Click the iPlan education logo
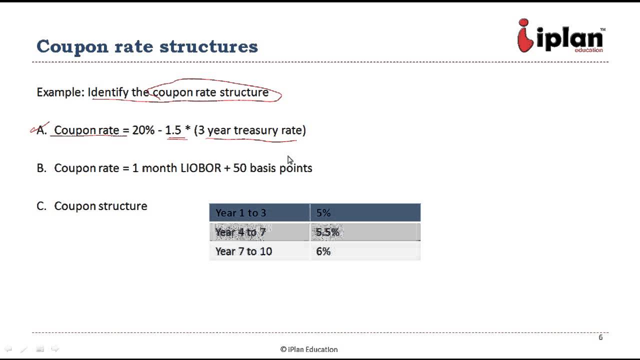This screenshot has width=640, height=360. click(x=560, y=36)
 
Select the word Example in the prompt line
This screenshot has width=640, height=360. click(x=59, y=92)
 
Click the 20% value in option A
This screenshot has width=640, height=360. click(x=143, y=130)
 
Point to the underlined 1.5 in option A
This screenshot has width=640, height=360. click(x=173, y=130)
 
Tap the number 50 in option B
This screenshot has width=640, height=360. click(x=239, y=168)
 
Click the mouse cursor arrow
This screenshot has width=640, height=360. click(x=290, y=160)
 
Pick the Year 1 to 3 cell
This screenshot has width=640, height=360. click(x=259, y=213)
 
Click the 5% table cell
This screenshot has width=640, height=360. click(x=365, y=213)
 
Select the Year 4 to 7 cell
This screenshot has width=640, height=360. click(x=259, y=232)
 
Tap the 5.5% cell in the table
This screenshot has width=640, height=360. click(x=365, y=232)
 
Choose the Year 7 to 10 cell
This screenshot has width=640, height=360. click(x=259, y=251)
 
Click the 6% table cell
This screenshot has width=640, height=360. click(x=365, y=251)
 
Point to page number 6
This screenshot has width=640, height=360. click(x=600, y=337)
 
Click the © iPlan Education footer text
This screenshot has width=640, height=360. click(x=309, y=349)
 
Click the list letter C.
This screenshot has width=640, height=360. click(x=41, y=206)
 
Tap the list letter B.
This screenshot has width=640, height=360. click(x=41, y=168)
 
